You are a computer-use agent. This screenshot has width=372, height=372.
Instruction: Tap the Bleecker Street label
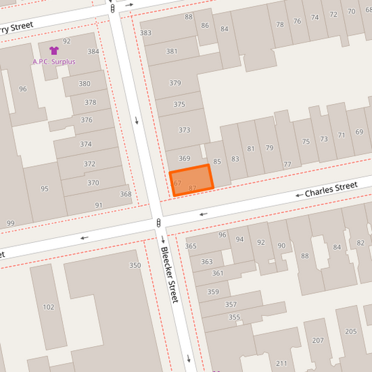click(x=170, y=274)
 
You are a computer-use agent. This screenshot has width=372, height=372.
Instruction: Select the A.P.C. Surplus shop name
click(x=54, y=61)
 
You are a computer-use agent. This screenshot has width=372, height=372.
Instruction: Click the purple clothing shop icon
click(x=54, y=51)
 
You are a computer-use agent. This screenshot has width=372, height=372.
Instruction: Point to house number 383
click(x=145, y=33)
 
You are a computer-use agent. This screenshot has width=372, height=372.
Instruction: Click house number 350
click(x=135, y=265)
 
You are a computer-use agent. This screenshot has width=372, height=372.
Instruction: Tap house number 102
click(x=48, y=307)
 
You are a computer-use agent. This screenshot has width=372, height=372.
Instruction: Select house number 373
click(x=184, y=130)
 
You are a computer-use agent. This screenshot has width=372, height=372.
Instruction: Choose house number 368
click(x=126, y=194)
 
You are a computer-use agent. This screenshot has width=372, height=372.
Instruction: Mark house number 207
click(x=318, y=341)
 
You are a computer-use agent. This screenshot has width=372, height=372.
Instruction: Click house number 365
click(x=191, y=246)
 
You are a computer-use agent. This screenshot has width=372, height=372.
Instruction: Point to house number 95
click(x=45, y=188)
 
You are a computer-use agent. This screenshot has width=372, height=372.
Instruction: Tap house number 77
click(x=287, y=165)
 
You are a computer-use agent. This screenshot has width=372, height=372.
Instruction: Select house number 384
click(x=93, y=52)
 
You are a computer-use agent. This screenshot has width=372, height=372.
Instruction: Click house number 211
click(x=281, y=364)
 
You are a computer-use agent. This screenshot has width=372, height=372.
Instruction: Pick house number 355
click(x=234, y=318)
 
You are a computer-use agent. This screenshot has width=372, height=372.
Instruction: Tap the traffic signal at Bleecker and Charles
click(x=159, y=223)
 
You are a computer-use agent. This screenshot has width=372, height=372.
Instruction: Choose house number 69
click(x=359, y=132)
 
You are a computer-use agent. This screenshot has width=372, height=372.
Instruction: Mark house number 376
click(x=87, y=120)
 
